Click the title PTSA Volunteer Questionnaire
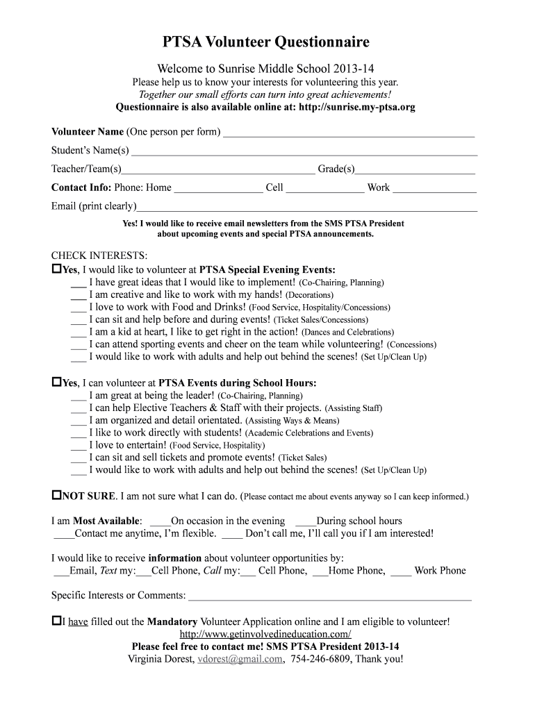coord(266,43)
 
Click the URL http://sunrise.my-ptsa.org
coord(356,108)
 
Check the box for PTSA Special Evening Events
coord(57,268)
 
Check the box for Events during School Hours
coord(57,382)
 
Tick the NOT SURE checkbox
coord(57,496)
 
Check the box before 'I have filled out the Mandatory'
coord(57,621)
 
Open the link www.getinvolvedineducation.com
coord(265,635)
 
